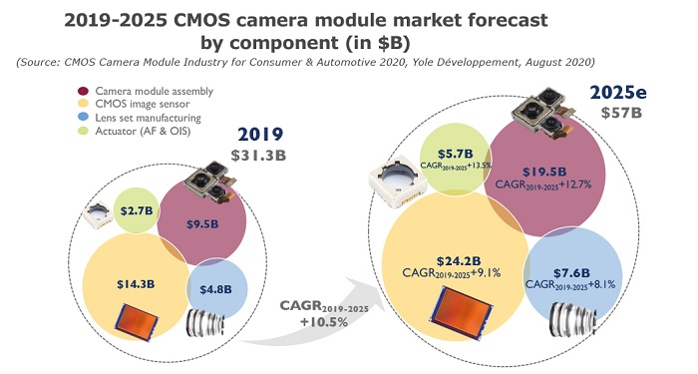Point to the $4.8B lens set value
coord(217,290)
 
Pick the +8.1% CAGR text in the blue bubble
coord(606,283)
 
